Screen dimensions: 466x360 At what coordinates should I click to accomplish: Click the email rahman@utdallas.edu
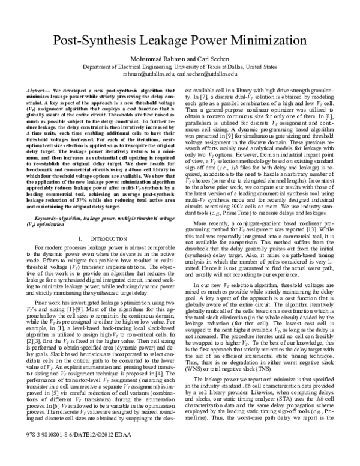coord(148,74)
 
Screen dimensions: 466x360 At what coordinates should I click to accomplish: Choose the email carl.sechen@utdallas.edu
coord(208,74)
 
